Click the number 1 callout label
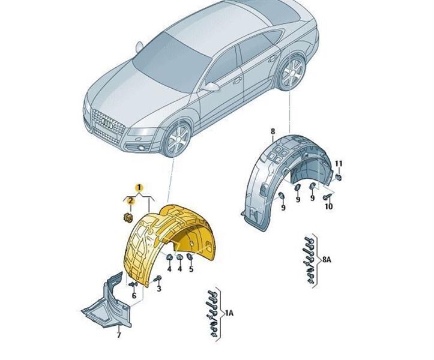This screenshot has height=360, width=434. tap(139, 188)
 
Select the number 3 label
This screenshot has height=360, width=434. tap(159, 289)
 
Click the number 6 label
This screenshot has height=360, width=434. tap(134, 295)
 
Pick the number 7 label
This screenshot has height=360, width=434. tap(118, 334)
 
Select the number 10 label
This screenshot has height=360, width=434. tap(328, 206)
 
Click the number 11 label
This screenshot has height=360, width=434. tap(338, 164)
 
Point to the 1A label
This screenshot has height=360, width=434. tap(229, 313)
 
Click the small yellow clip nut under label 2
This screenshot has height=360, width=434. tap(127, 217)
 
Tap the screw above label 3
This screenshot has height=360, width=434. tap(158, 278)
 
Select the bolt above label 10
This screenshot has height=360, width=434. tap(327, 196)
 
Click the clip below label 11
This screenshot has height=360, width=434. tap(339, 177)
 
